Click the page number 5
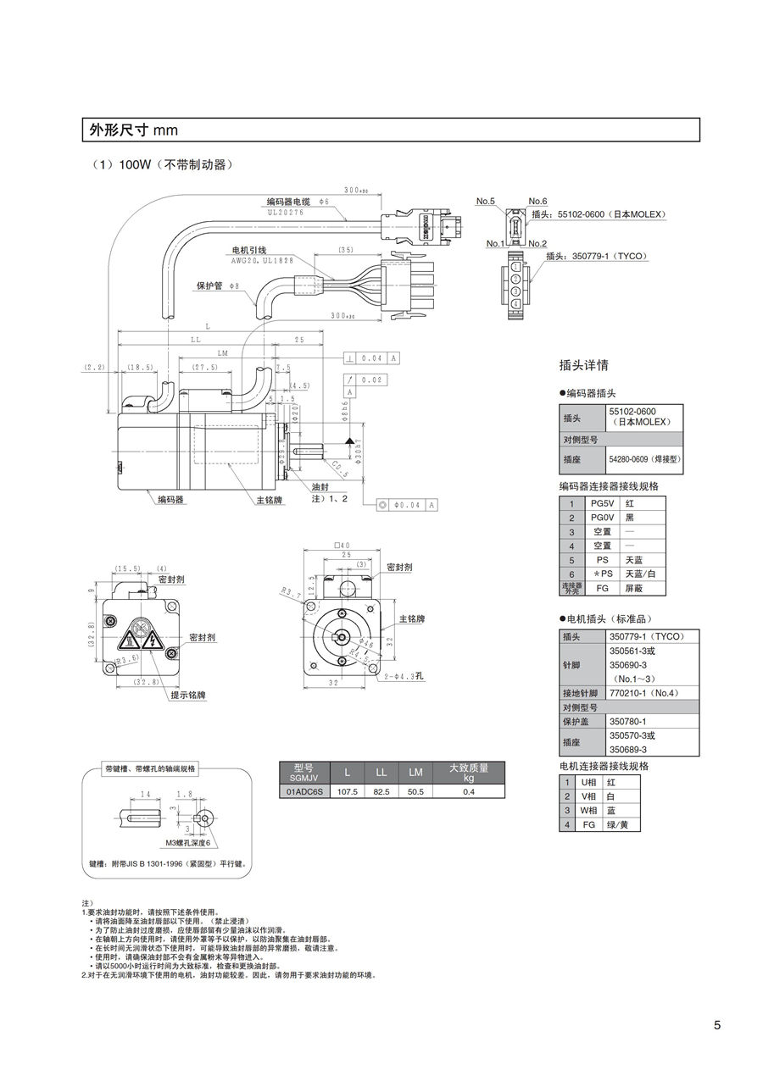716,1025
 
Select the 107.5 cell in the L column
348,791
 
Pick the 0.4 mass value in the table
469,791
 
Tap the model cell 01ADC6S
303,791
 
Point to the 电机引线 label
249,251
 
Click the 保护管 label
209,286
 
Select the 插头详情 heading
584,366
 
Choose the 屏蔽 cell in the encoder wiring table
633,587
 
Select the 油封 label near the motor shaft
320,488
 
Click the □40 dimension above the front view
342,545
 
